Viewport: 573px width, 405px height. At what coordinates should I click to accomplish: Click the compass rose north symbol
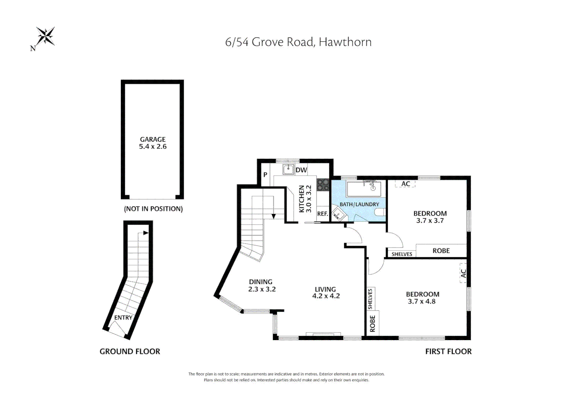[45, 37]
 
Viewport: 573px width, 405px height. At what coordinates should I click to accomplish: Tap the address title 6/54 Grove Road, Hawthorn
[298, 42]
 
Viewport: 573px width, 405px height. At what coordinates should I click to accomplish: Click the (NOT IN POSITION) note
[153, 209]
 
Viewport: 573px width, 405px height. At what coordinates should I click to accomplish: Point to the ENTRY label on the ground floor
[123, 318]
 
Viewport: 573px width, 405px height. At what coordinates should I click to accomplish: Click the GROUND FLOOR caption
[130, 351]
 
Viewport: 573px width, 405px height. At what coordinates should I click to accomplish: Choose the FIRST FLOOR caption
[448, 351]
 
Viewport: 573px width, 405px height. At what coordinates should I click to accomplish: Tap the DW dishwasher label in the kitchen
[301, 170]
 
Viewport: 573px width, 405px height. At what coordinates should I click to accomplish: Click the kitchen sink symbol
[288, 169]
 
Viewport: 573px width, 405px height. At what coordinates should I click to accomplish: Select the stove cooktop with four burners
[323, 184]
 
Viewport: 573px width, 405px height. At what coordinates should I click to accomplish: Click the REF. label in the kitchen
[322, 214]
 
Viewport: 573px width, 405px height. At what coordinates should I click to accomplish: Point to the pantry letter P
[265, 174]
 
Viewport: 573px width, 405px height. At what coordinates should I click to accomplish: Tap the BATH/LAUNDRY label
[359, 204]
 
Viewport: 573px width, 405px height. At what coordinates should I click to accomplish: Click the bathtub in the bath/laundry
[364, 189]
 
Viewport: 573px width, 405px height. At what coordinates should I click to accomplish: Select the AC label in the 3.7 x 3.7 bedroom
[405, 184]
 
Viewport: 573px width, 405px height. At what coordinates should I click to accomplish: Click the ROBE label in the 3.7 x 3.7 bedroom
[441, 251]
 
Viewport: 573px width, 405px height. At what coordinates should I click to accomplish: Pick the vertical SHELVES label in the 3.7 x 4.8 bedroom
[370, 299]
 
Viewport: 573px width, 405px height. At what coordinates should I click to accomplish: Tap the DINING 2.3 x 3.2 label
[261, 285]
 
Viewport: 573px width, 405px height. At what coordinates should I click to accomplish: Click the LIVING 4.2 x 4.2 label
[325, 292]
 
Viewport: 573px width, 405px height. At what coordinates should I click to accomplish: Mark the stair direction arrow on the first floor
[274, 216]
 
